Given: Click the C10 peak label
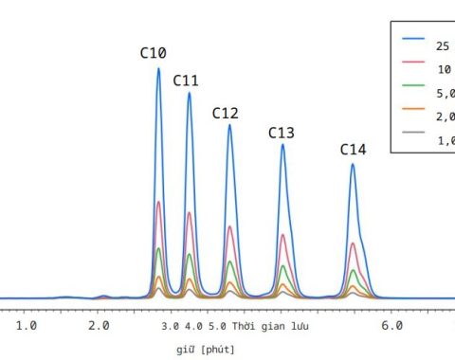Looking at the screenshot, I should [x=154, y=53].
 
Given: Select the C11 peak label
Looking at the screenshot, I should [x=186, y=80].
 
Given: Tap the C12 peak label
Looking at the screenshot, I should [x=225, y=113].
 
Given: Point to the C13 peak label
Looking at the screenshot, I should [x=282, y=133].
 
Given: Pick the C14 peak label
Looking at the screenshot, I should [x=354, y=150].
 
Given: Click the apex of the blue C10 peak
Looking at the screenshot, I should [x=158, y=68].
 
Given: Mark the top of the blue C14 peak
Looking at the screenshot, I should [x=353, y=164].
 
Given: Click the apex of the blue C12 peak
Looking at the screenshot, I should [x=229, y=125].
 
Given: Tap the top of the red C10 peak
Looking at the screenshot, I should [x=158, y=202].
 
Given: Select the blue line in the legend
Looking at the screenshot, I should [x=412, y=39].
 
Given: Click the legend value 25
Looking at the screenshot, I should [x=443, y=45].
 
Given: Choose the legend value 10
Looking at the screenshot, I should [x=443, y=69].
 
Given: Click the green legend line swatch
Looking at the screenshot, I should [x=412, y=85].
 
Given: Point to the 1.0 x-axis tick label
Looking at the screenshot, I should [x=26, y=326].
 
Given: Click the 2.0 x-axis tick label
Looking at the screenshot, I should [x=99, y=326].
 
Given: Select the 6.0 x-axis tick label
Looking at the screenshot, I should [x=391, y=326].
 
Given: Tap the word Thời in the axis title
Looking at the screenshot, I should [x=248, y=326].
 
